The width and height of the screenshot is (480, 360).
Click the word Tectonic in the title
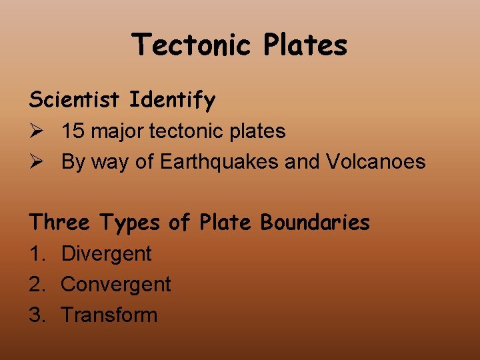pos(192,45)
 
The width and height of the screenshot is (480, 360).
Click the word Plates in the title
pos(305,45)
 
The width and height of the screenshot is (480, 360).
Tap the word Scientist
pos(75,100)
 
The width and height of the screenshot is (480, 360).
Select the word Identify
pos(173,100)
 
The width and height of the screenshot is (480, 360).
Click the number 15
pos(73,131)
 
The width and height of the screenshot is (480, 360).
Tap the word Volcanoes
pos(376,161)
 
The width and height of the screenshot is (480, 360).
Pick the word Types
pos(130,223)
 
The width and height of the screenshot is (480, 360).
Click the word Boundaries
pos(315,223)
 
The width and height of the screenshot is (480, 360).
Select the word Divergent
pos(107,254)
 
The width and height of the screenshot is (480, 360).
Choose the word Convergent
pos(116,285)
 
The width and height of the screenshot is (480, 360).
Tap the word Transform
pos(109,315)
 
